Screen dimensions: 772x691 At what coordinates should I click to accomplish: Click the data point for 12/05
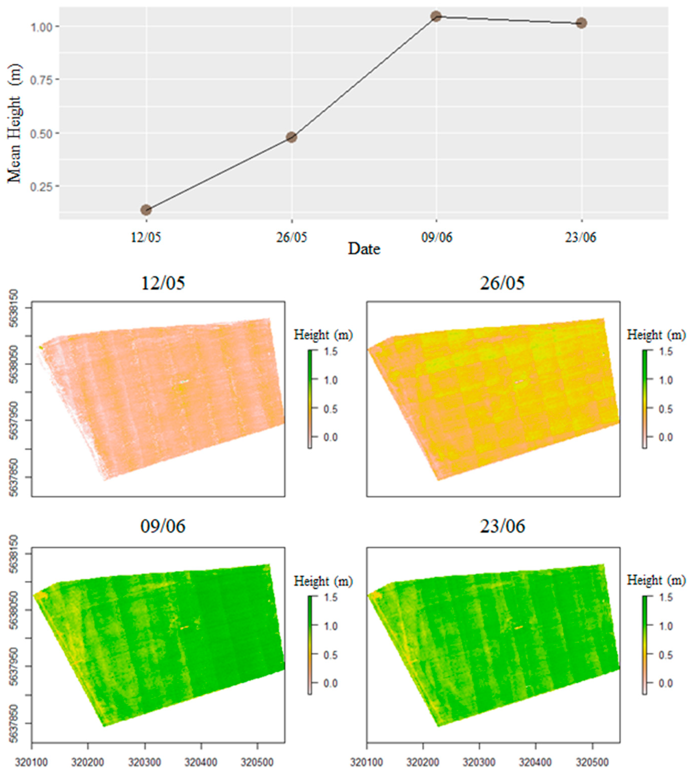click(x=146, y=210)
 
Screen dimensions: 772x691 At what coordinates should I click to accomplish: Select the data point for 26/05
click(x=291, y=137)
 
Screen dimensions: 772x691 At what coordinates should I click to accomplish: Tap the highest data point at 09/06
click(x=436, y=16)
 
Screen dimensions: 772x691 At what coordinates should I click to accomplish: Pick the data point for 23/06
click(x=581, y=23)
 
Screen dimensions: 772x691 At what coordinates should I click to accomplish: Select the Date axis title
click(x=364, y=249)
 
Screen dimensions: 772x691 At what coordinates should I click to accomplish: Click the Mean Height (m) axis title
click(x=14, y=123)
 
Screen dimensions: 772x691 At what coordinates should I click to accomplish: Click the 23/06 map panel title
click(x=502, y=526)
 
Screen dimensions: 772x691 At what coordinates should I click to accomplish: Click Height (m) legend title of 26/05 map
click(x=656, y=335)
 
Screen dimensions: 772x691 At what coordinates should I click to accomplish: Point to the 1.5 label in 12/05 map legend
click(x=331, y=351)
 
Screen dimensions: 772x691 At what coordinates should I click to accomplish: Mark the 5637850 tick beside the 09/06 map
click(x=14, y=723)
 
